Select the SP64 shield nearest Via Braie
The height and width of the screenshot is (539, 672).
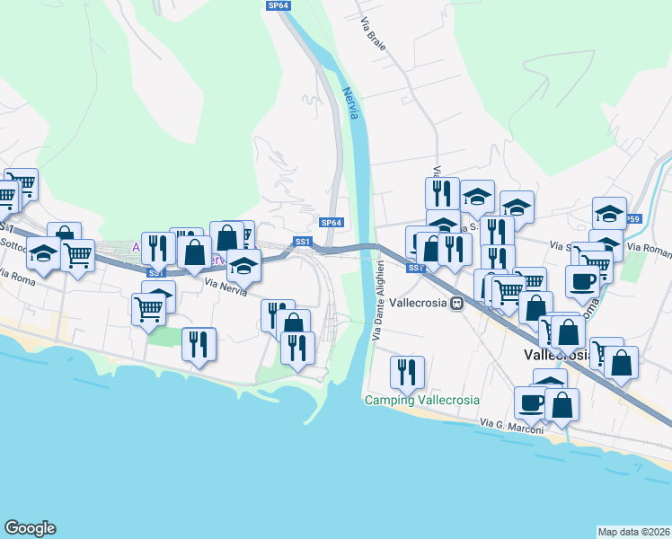tap(279, 5)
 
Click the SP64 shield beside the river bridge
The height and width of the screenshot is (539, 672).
tap(331, 223)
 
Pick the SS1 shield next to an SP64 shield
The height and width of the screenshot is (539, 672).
tap(303, 242)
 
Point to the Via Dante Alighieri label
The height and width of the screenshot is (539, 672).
tap(378, 300)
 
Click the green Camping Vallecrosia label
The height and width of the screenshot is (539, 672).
tap(421, 400)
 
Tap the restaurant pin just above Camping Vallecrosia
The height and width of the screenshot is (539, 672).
tap(408, 373)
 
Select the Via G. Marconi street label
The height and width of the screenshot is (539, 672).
tap(511, 427)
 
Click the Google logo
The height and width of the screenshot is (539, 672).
tap(29, 528)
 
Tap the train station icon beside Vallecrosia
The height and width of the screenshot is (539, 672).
tap(456, 303)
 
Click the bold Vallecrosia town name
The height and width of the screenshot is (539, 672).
tap(557, 355)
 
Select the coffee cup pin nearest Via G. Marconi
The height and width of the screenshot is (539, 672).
tap(531, 402)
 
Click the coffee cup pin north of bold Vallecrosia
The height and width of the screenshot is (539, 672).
tap(582, 280)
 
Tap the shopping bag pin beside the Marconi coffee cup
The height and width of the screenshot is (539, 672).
tap(561, 403)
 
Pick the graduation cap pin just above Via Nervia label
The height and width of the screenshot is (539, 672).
tap(243, 264)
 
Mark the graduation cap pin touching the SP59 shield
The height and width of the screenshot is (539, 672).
tap(610, 213)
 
